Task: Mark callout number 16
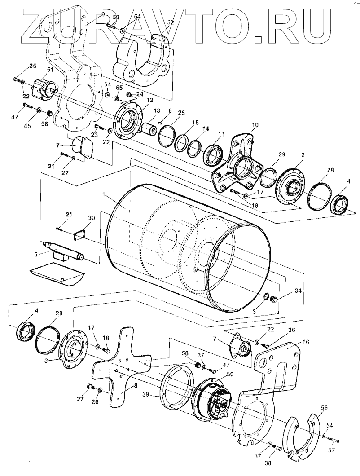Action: [306, 342]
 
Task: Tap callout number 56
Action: [325, 407]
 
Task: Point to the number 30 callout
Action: [92, 218]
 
